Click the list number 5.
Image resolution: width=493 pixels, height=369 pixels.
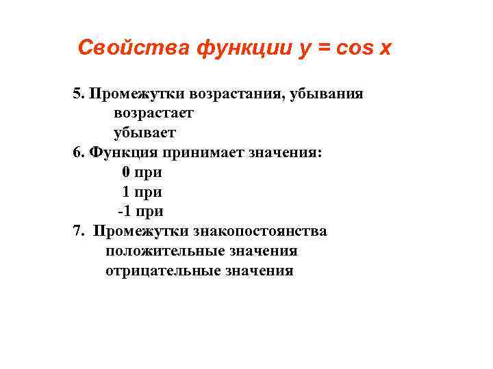[77, 94]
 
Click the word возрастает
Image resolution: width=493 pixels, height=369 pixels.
[153, 113]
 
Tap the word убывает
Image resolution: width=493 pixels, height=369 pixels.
[144, 132]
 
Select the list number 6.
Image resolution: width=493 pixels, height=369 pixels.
[77, 152]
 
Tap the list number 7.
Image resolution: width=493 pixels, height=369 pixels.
[77, 231]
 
